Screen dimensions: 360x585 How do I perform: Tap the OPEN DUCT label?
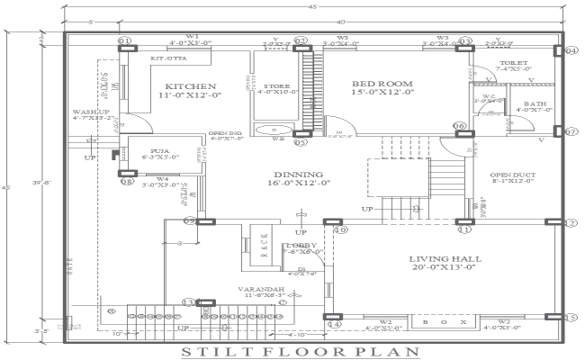pyautogui.click(x=511, y=175)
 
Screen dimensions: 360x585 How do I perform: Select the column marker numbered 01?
pyautogui.click(x=124, y=41)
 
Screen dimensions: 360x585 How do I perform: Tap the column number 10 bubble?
pyautogui.click(x=341, y=230)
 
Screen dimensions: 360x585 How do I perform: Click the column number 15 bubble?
pyautogui.click(x=570, y=317)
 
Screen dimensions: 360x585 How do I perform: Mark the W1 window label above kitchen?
pyautogui.click(x=193, y=36)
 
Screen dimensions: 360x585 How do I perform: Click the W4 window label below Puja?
pyautogui.click(x=162, y=179)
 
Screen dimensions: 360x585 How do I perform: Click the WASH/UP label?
pyautogui.click(x=88, y=112)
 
